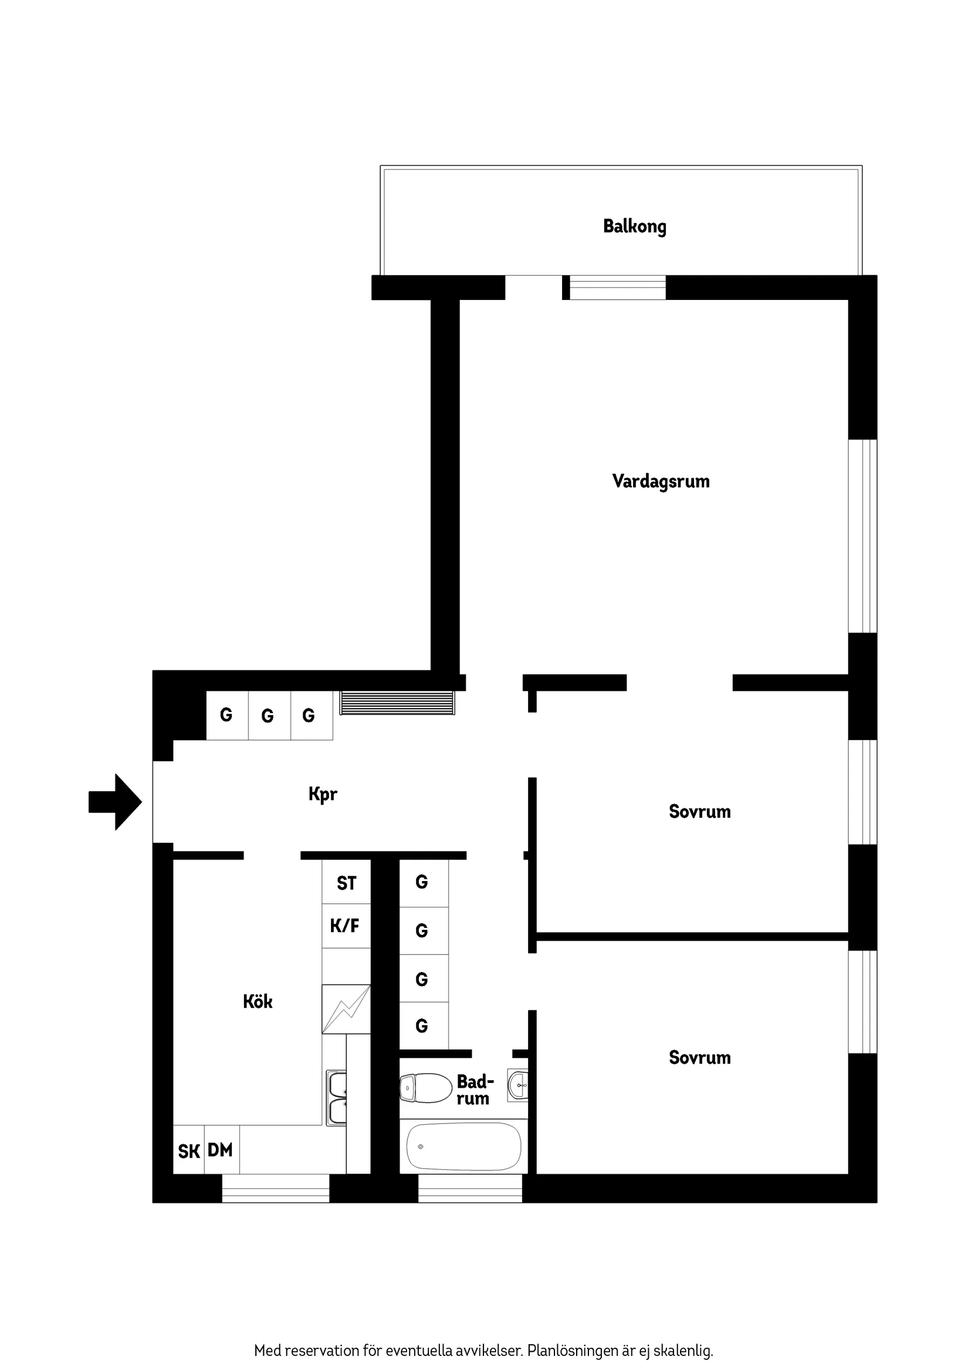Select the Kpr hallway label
(323, 794)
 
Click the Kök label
(258, 1001)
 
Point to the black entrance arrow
(116, 802)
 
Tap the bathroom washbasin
(517, 1085)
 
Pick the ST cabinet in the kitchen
(346, 883)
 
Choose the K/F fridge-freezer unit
(346, 926)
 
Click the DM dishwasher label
(221, 1150)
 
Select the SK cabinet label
(188, 1151)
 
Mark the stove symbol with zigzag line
(346, 1009)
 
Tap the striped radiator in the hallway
(397, 702)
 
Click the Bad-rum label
(474, 1089)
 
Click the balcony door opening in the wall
(534, 288)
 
